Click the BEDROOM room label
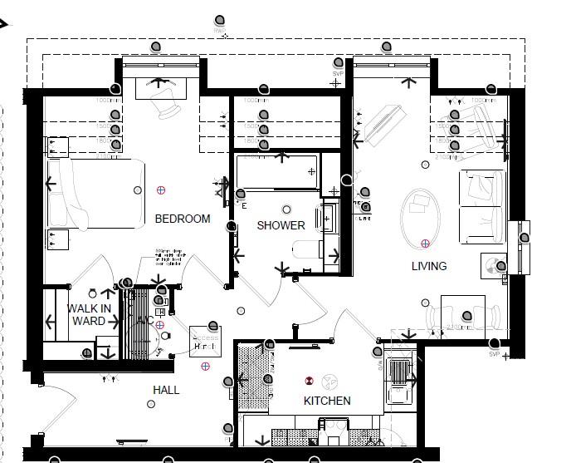point(183,219)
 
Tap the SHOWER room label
point(281,225)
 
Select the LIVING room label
point(428,266)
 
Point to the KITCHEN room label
point(327,401)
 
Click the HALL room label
point(166,390)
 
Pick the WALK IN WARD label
point(89,314)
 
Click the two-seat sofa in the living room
point(482,207)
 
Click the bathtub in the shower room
point(277,171)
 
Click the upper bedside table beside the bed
point(57,147)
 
